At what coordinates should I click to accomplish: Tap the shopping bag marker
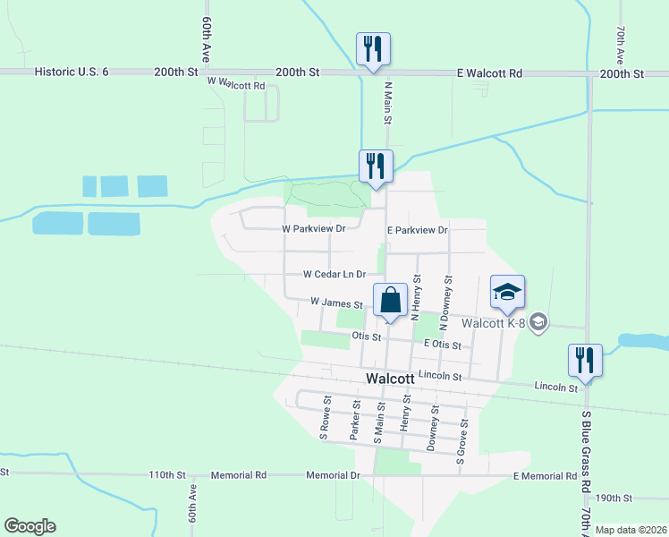[x=390, y=301]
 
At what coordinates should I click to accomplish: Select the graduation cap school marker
[x=507, y=292]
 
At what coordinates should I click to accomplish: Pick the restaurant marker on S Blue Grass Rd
[x=585, y=361]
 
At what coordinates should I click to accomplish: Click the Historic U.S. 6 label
[x=71, y=72]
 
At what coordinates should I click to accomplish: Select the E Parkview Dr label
[x=417, y=230]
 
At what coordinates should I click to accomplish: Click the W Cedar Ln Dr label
[x=334, y=274]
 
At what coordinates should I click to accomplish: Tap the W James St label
[x=336, y=304]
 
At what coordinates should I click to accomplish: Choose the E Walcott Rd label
[x=489, y=72]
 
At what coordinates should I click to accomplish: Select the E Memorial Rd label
[x=545, y=476]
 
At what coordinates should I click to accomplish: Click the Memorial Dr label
[x=332, y=475]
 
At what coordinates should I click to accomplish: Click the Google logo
[x=30, y=526]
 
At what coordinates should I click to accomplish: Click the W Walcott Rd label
[x=237, y=83]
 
